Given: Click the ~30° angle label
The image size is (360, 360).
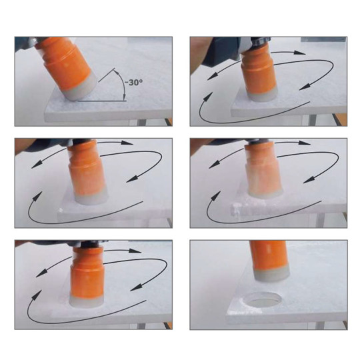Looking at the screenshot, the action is tap(133, 82).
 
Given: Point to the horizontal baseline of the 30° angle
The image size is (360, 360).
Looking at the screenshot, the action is tap(102, 101).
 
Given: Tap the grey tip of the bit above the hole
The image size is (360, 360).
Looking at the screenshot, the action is tap(271, 275).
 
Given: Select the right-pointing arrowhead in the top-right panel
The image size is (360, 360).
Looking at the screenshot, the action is tap(299, 53).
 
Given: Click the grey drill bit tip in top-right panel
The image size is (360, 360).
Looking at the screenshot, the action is tap(263, 96).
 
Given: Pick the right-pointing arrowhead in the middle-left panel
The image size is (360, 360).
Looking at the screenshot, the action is tap(127, 143).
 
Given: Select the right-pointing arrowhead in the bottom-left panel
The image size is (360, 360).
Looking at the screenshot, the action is tap(135, 251).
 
